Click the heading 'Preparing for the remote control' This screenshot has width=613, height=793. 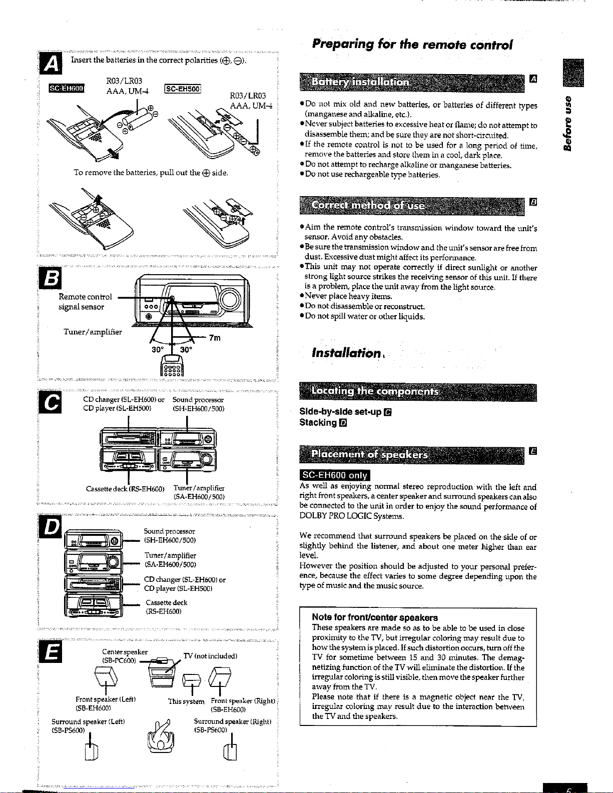[412, 45]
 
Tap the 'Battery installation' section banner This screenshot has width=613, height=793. [412, 83]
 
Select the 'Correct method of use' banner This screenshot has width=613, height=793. [412, 206]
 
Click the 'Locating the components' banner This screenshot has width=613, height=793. [418, 392]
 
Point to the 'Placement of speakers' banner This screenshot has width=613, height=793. [412, 455]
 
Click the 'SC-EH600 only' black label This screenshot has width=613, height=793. [335, 475]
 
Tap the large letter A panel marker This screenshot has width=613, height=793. [51, 64]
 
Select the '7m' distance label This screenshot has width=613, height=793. [215, 338]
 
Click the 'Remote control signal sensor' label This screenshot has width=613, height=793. [85, 302]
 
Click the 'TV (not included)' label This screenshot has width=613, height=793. [210, 656]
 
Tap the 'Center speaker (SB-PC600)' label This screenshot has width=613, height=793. [125, 656]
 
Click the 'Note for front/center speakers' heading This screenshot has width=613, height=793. [375, 617]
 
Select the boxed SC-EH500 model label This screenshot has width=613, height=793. [183, 89]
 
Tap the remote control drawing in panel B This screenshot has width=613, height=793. [172, 365]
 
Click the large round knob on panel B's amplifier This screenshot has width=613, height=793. [229, 299]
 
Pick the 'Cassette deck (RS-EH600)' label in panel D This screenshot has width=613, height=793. [166, 607]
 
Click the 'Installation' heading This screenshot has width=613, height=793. [346, 353]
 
